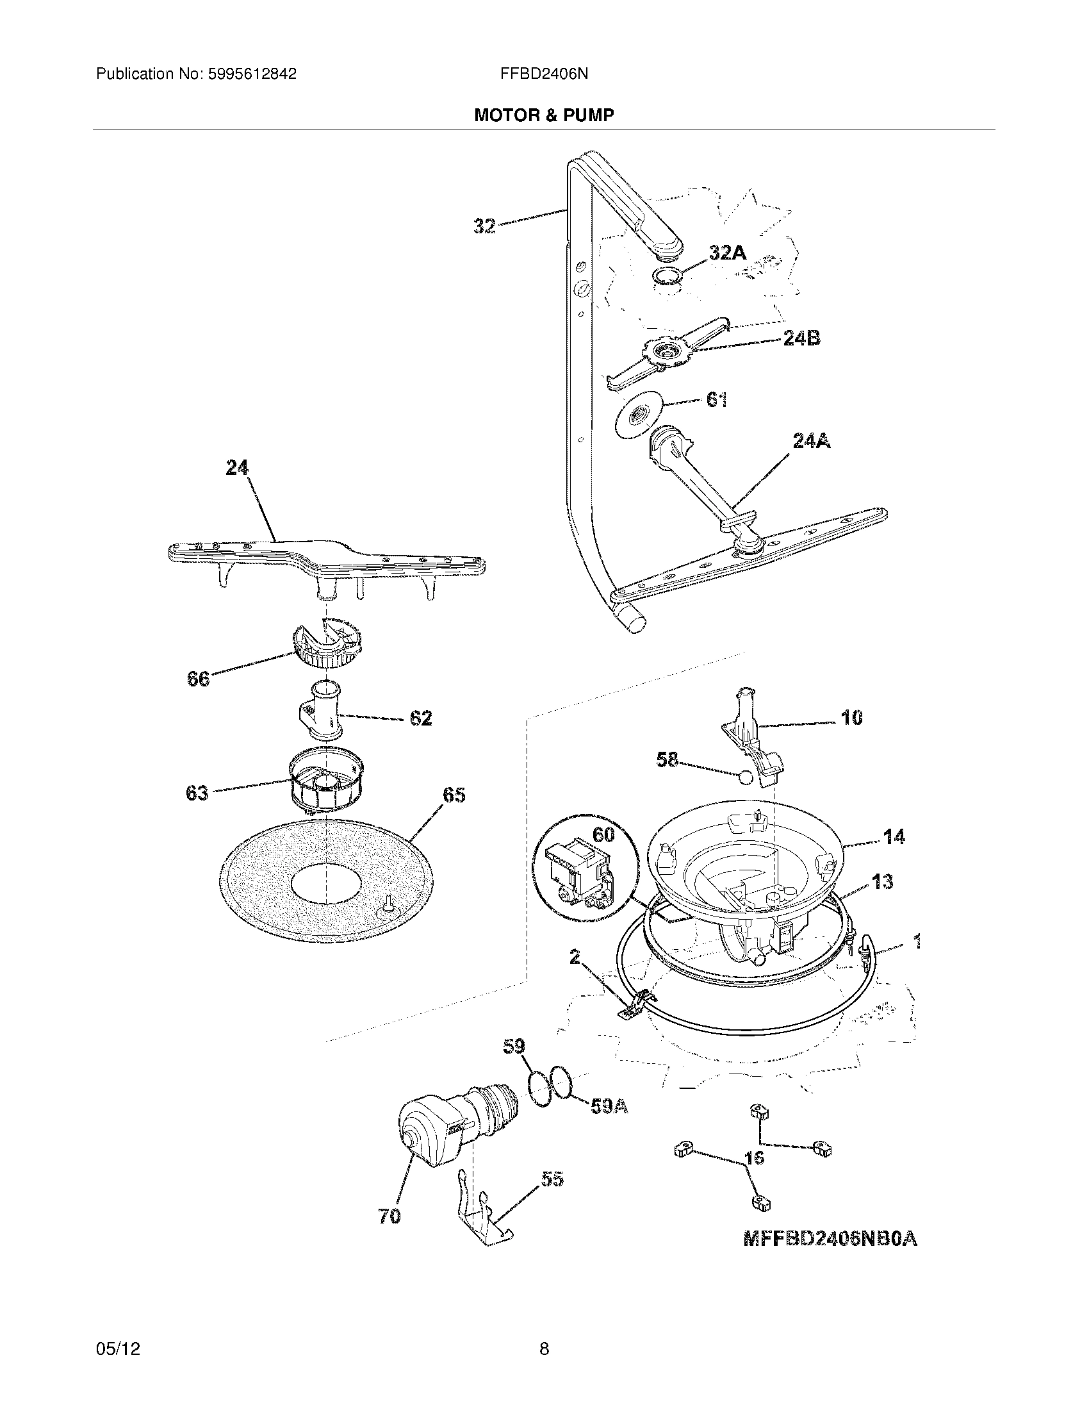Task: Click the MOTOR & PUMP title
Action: (544, 115)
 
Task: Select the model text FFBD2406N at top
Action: (543, 74)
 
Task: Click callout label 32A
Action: (727, 253)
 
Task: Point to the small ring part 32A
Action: (665, 277)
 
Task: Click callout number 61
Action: (717, 401)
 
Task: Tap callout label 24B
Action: (801, 338)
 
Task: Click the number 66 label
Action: (198, 679)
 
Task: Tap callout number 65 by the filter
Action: (454, 795)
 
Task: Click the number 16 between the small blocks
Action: (754, 1157)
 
